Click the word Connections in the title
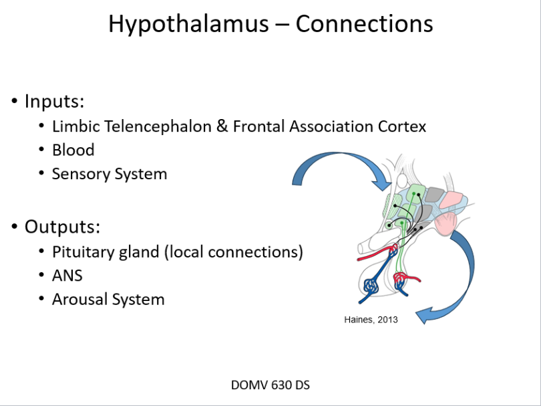click(364, 24)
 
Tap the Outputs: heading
click(62, 226)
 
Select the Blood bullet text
click(73, 150)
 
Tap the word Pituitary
click(83, 251)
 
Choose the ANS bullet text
click(67, 275)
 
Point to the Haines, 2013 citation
click(371, 320)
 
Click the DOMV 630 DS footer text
click(270, 385)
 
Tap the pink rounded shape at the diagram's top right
click(454, 199)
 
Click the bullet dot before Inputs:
click(14, 102)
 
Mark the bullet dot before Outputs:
click(14, 227)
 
